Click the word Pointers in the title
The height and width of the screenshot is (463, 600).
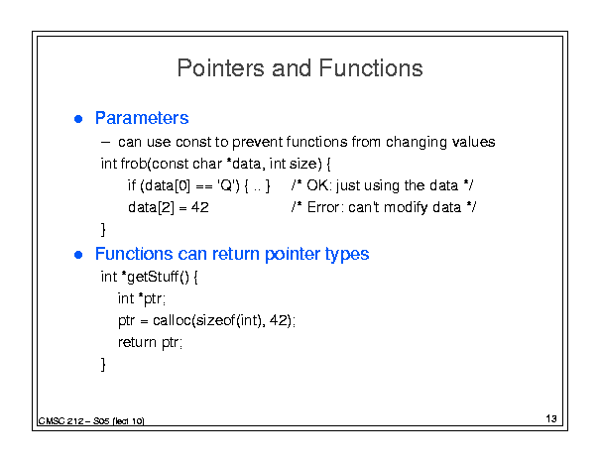(x=220, y=68)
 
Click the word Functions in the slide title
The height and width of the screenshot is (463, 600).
(x=371, y=68)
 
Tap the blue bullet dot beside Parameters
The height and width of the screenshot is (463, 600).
(x=78, y=119)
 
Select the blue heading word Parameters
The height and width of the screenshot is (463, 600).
(x=142, y=118)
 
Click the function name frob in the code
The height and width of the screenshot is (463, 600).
(x=134, y=164)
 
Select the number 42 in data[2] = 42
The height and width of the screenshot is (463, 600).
(x=199, y=207)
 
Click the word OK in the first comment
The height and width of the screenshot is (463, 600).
(x=317, y=185)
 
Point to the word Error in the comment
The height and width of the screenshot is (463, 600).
(x=323, y=207)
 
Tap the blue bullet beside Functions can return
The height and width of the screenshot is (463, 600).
(x=78, y=255)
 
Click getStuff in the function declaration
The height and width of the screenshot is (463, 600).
(x=153, y=277)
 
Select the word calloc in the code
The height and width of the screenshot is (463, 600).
(x=172, y=320)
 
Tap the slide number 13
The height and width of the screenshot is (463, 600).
(x=551, y=418)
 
